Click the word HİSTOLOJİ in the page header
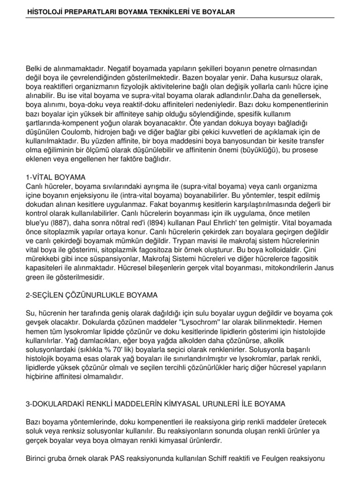[45, 10]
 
